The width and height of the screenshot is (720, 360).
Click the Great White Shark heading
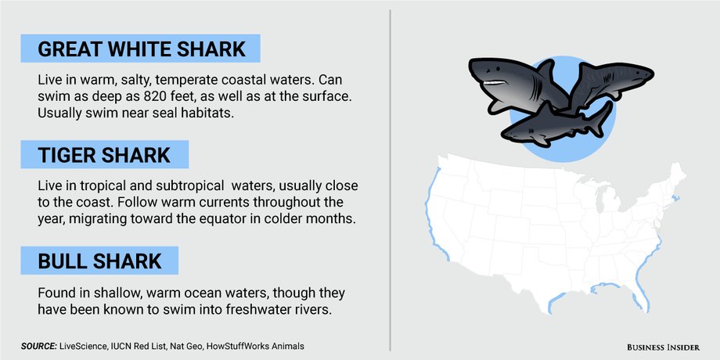pyautogui.click(x=142, y=49)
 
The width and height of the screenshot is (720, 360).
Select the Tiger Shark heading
pyautogui.click(x=104, y=155)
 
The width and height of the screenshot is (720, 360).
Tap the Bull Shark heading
pyautogui.click(x=99, y=261)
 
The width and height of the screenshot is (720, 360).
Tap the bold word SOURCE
pyautogui.click(x=38, y=346)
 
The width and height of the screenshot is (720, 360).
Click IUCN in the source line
pyautogui.click(x=117, y=346)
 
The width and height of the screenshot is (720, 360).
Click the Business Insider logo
pyautogui.click(x=664, y=347)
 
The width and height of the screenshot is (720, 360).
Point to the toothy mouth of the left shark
pyautogui.click(x=495, y=82)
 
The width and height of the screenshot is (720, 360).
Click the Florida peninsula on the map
pyautogui.click(x=641, y=294)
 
